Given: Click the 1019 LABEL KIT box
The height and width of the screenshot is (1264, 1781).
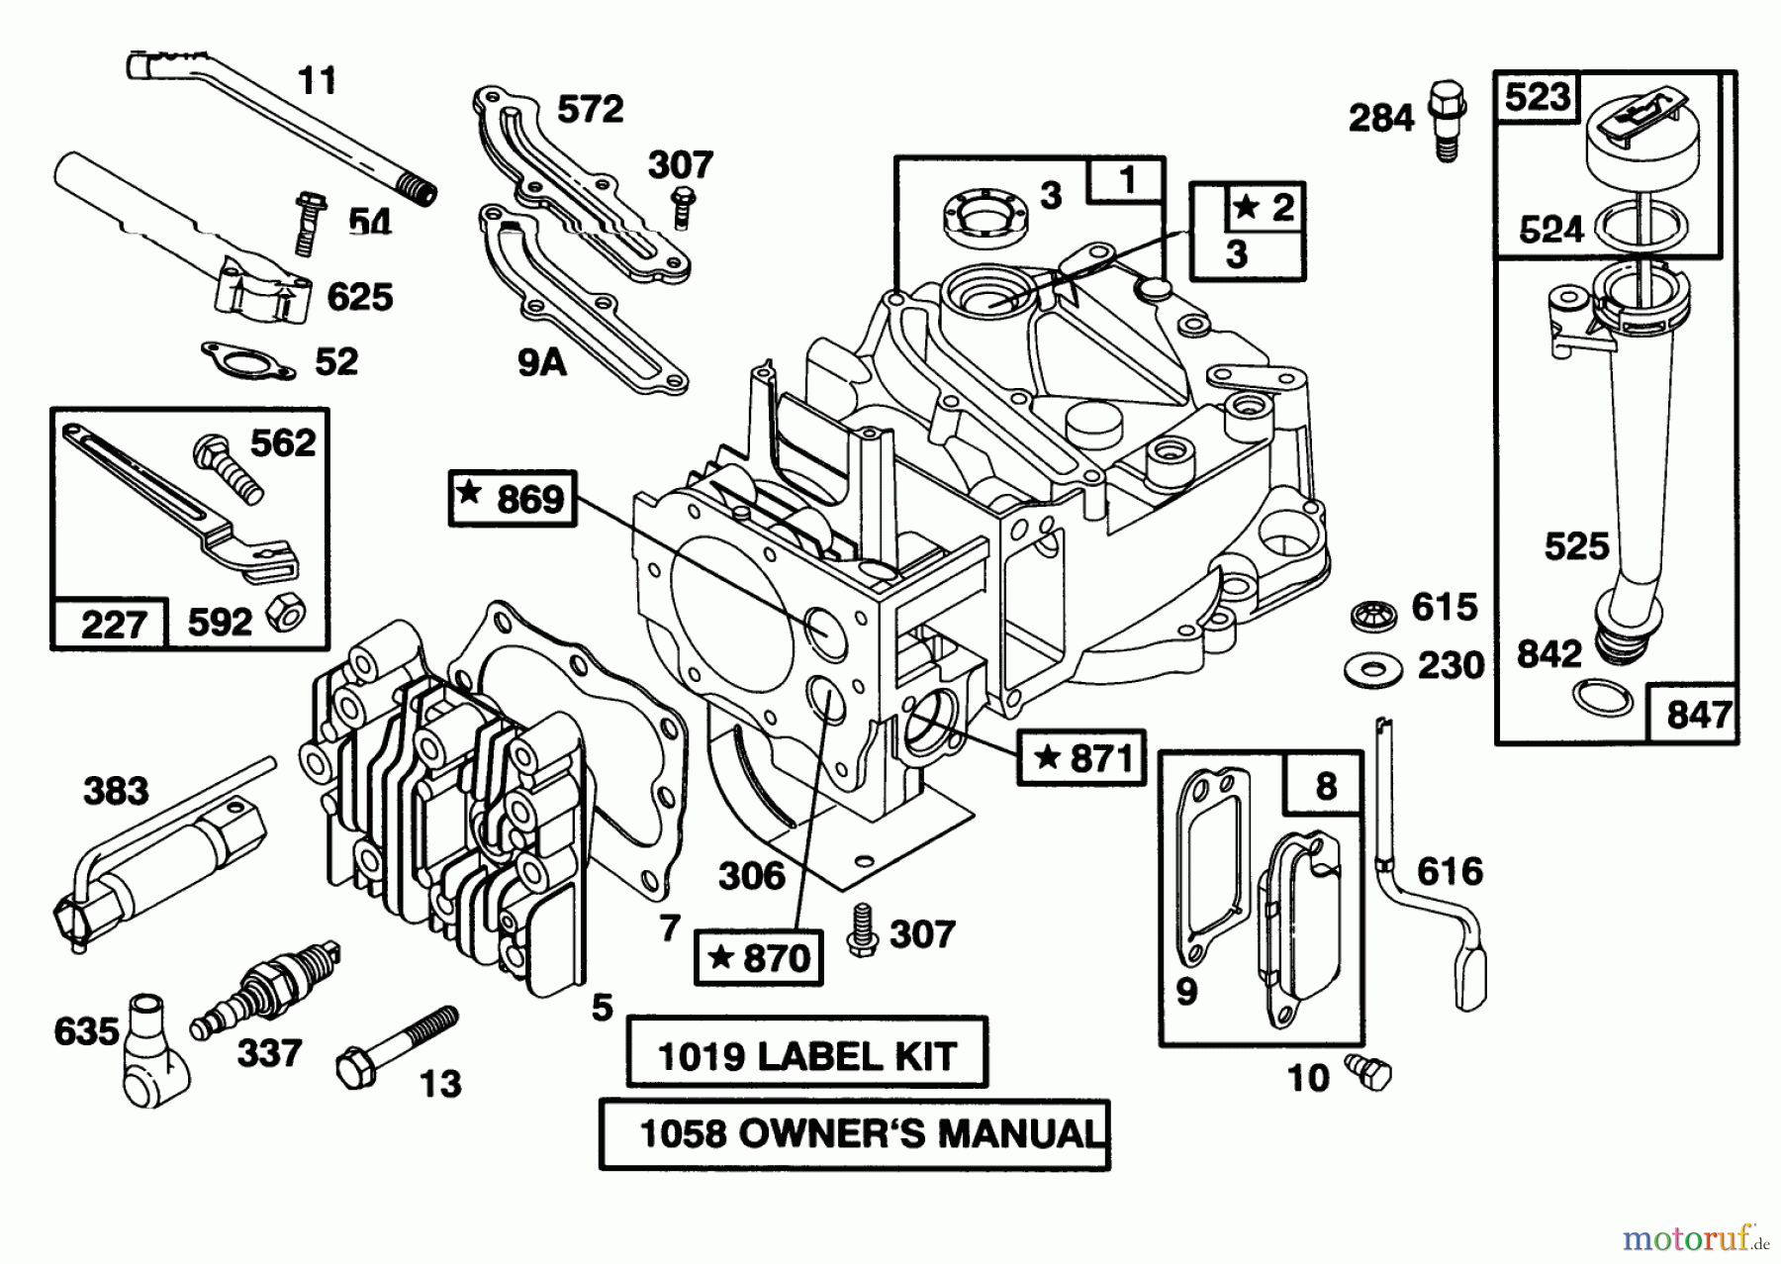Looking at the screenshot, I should pos(806,1056).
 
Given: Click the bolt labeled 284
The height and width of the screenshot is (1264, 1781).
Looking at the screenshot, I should pos(1446,119).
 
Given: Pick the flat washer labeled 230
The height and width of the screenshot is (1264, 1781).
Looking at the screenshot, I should pos(1372,670).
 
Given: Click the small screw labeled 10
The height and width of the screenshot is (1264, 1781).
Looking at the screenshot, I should pos(1369,1072).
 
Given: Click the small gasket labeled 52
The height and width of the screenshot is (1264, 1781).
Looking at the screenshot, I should pos(246,360).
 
